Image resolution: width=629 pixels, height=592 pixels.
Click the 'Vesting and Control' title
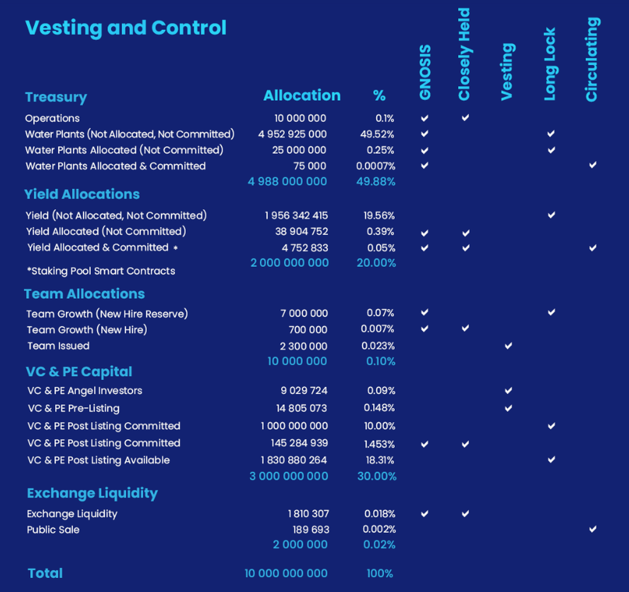(x=126, y=28)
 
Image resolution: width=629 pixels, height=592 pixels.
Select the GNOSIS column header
(x=425, y=72)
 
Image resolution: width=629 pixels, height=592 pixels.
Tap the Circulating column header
(x=592, y=60)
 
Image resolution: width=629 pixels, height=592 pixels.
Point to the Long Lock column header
(x=549, y=64)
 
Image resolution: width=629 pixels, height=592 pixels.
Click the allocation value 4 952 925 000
(x=292, y=135)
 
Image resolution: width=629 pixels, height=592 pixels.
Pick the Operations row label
(x=52, y=118)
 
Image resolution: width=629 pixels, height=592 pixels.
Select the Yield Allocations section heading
(x=82, y=194)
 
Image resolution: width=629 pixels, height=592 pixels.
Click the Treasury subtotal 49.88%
(x=376, y=182)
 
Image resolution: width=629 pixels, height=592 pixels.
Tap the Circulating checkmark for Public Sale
(x=592, y=529)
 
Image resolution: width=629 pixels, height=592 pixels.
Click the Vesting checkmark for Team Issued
(x=508, y=346)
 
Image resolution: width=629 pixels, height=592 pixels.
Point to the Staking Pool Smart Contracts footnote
(x=101, y=271)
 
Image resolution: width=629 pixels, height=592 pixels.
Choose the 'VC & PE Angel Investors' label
(x=85, y=390)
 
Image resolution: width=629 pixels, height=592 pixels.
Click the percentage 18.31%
(x=379, y=460)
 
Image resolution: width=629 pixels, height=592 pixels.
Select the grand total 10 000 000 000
(x=286, y=573)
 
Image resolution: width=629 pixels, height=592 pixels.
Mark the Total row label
(x=45, y=573)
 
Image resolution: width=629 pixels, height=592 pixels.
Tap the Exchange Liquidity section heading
(x=92, y=493)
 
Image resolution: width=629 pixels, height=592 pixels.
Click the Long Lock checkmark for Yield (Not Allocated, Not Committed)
(x=551, y=215)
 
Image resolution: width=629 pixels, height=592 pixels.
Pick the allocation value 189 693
(x=311, y=530)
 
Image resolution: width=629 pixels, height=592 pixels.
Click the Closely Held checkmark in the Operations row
(x=465, y=118)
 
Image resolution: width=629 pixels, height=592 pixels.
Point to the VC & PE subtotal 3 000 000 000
(x=289, y=476)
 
